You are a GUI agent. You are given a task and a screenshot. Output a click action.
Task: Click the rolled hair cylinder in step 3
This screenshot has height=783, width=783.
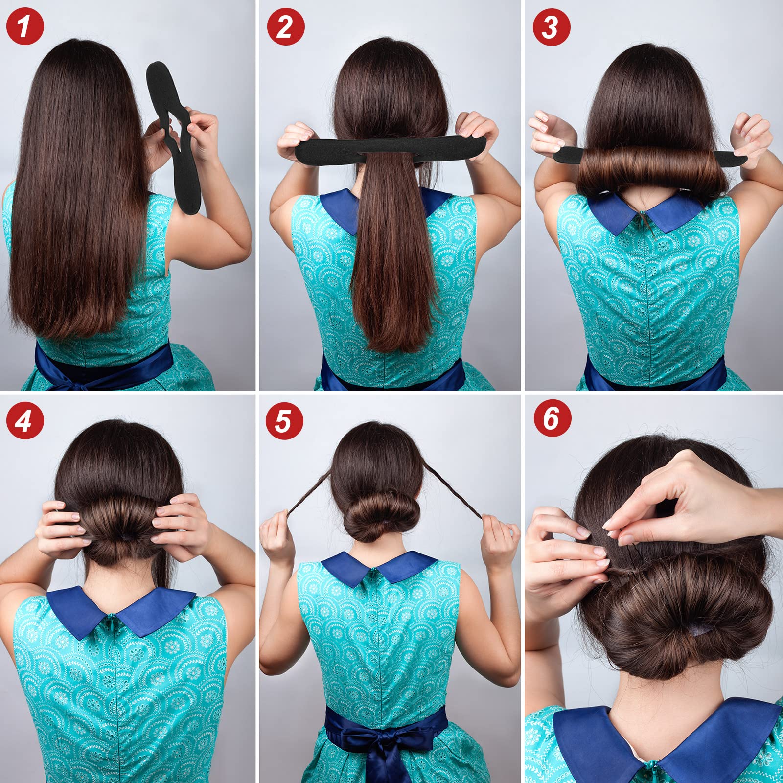click(x=649, y=171)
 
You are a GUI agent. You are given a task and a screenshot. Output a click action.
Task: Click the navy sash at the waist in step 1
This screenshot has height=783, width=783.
click(x=103, y=365)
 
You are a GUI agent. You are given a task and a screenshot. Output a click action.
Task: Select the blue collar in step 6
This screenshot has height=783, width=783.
click(x=666, y=744)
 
